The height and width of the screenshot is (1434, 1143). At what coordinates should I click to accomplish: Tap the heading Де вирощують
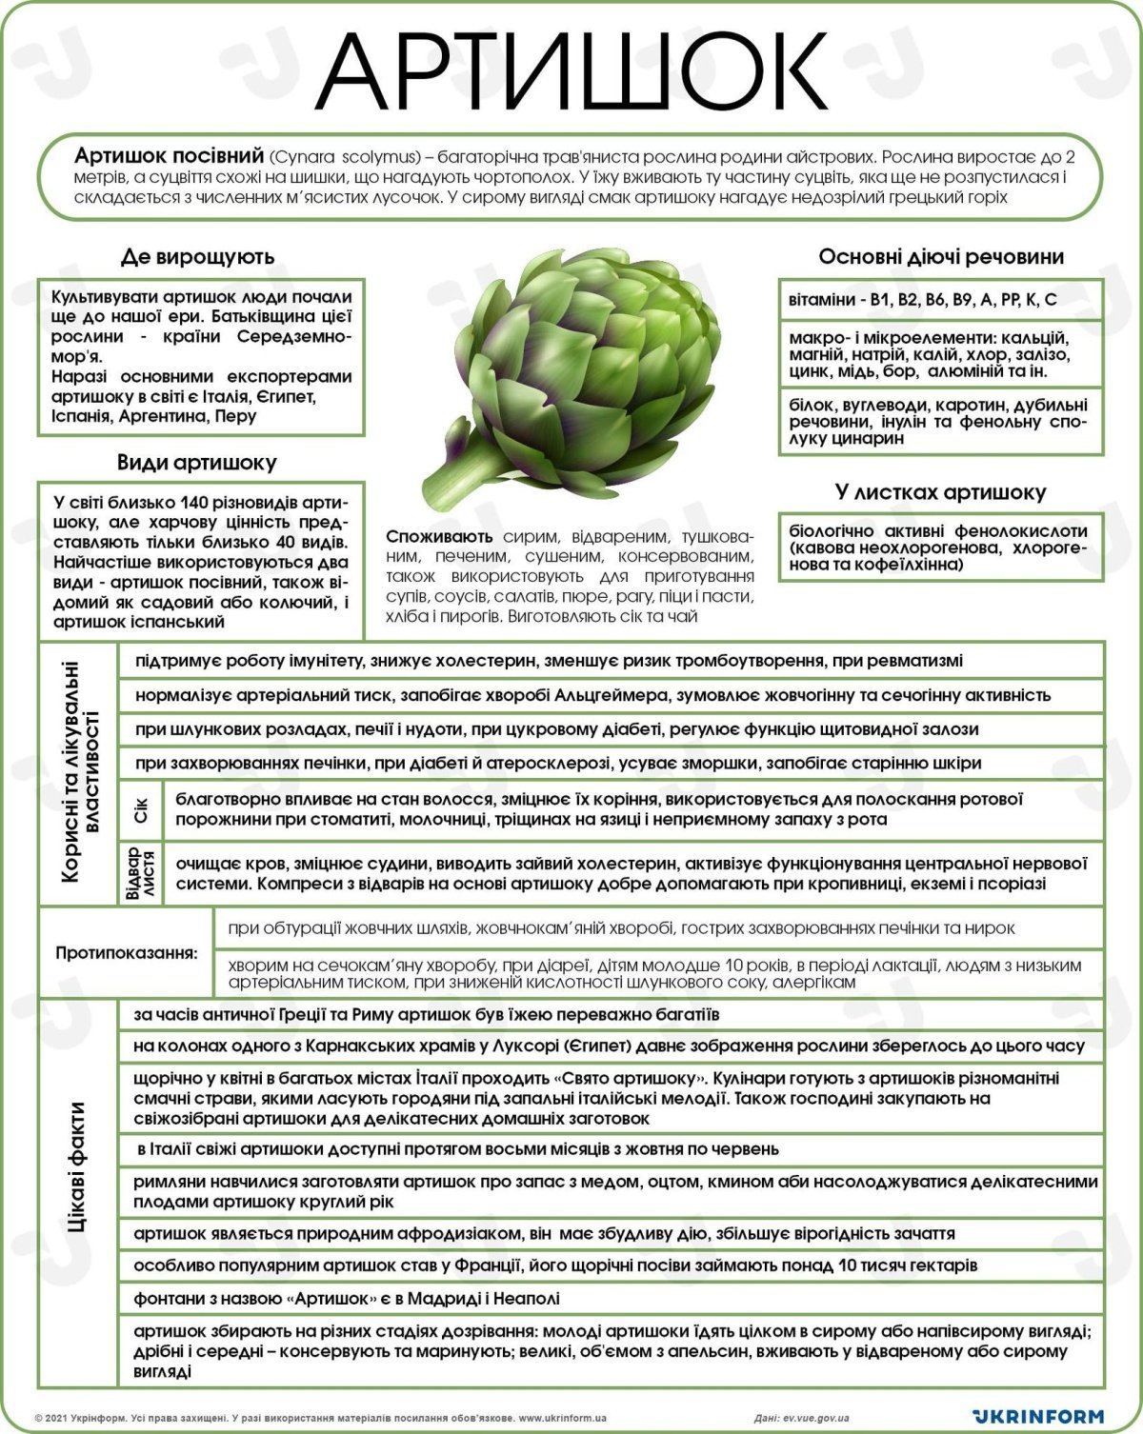point(197,256)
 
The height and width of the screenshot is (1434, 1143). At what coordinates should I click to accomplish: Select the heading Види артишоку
point(197,463)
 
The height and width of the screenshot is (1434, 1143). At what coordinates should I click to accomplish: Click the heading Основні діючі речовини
point(941,257)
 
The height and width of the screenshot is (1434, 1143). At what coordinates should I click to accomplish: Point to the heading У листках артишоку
point(940,492)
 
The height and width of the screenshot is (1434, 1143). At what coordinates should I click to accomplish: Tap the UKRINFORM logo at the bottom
point(1038,1416)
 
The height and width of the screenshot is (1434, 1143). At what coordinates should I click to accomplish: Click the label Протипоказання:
point(127,952)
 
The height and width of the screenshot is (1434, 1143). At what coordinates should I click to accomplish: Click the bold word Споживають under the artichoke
point(440,537)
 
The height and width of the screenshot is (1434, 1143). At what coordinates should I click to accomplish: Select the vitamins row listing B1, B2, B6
point(923,300)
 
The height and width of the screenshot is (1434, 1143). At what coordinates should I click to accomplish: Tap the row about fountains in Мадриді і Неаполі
point(347,1298)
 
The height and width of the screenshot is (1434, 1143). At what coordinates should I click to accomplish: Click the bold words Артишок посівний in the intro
point(169,155)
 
